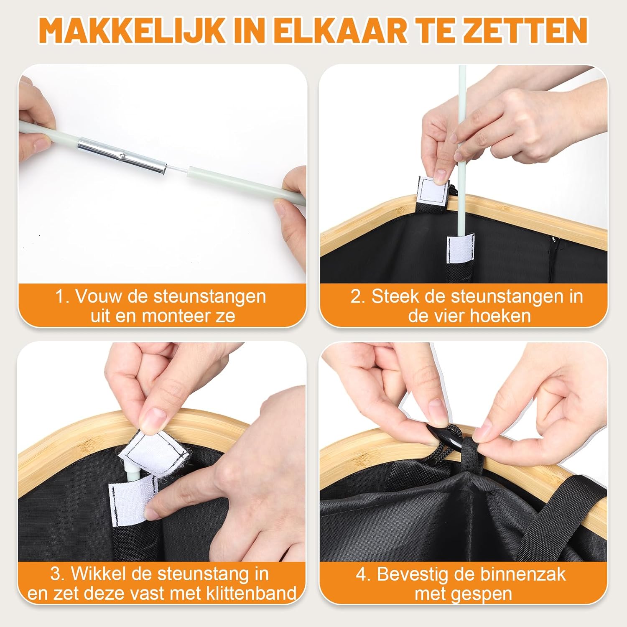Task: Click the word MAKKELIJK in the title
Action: tap(132, 31)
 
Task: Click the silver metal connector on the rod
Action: tap(122, 155)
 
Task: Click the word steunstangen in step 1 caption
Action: tap(210, 296)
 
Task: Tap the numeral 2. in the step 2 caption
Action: tap(358, 296)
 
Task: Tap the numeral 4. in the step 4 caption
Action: tap(363, 574)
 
